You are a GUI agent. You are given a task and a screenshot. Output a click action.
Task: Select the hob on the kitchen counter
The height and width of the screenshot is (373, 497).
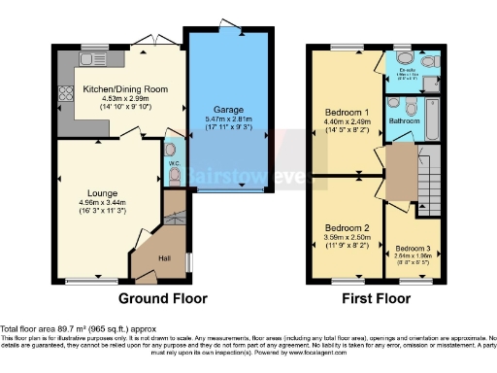[x=68, y=95]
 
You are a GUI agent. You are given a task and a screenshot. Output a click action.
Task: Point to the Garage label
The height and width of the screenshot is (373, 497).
[x=229, y=110]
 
